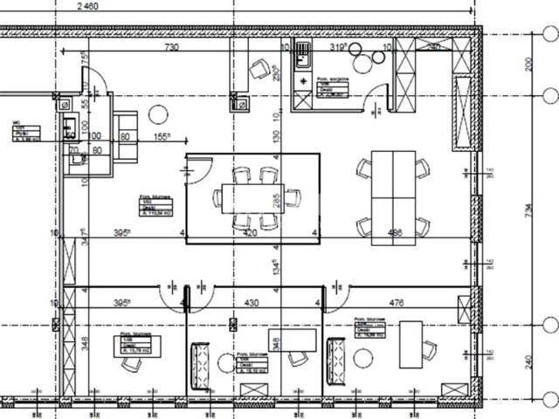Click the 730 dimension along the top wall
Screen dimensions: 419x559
pyautogui.click(x=170, y=47)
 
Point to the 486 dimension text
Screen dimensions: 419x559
pyautogui.click(x=397, y=233)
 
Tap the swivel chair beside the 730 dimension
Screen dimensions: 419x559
pyautogui.click(x=259, y=68)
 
